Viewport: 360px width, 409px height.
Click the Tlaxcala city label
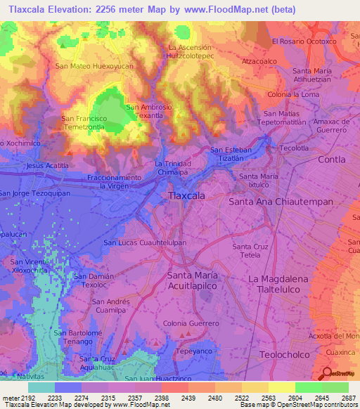coord(187,196)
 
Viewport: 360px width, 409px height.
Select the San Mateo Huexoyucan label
coord(94,65)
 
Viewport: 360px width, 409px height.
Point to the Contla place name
coord(332,160)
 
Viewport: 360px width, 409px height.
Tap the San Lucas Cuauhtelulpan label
coord(145,242)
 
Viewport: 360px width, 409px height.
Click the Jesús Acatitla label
coord(47,165)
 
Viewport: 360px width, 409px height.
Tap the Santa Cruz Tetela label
coord(251,251)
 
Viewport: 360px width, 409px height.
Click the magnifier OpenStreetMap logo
coord(326,372)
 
